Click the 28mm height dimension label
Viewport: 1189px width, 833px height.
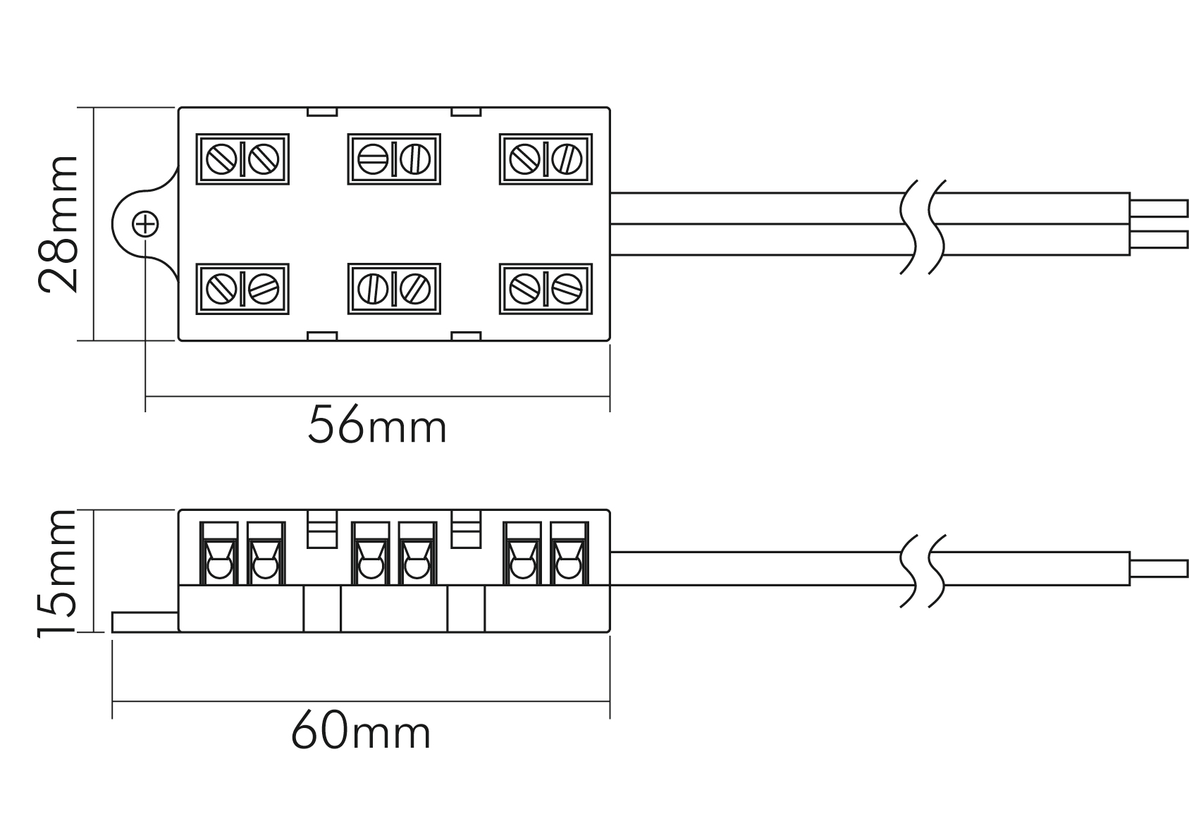click(x=58, y=224)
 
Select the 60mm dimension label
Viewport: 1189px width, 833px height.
click(x=361, y=733)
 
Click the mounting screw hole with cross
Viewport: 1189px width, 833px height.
click(x=145, y=224)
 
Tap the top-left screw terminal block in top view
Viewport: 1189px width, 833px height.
click(x=242, y=159)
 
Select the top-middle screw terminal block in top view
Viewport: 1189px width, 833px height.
click(x=394, y=159)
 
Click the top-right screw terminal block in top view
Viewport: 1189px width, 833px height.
click(x=546, y=159)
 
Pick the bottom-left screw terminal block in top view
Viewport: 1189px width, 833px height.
click(x=242, y=289)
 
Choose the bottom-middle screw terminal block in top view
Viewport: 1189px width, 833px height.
click(x=394, y=289)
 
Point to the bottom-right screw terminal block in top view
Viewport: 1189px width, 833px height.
click(x=546, y=289)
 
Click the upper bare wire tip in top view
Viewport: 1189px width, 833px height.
click(x=1159, y=209)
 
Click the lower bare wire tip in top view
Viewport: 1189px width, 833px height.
click(x=1159, y=240)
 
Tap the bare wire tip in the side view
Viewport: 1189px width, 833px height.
click(x=1159, y=569)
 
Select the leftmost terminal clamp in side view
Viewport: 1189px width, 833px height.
click(x=218, y=553)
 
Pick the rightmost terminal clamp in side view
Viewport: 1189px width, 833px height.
click(x=568, y=553)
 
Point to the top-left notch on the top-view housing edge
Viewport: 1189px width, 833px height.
click(x=322, y=111)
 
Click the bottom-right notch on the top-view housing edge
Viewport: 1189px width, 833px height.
click(x=465, y=335)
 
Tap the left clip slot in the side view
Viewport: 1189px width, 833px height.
click(x=322, y=529)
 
